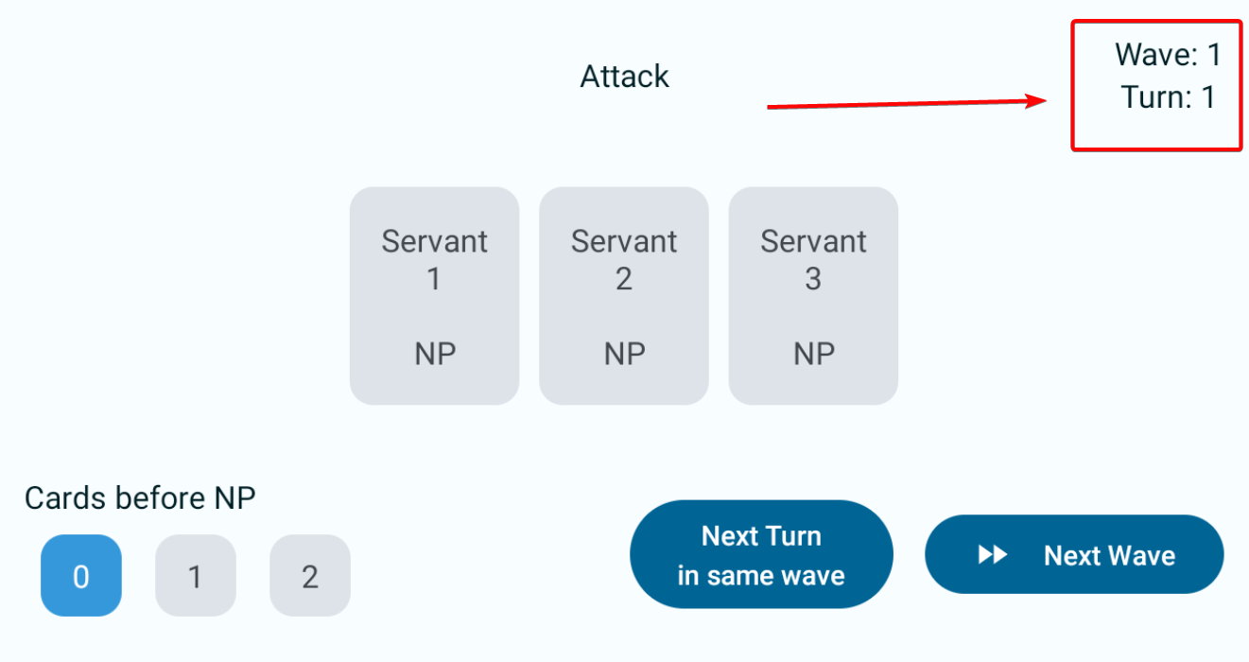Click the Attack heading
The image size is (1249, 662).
[624, 77]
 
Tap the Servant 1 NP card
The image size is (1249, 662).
[434, 296]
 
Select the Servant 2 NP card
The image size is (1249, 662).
[623, 296]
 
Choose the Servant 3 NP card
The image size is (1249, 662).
[812, 296]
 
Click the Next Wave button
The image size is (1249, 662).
[1074, 555]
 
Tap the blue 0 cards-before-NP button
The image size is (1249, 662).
[81, 576]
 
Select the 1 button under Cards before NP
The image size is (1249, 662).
[195, 576]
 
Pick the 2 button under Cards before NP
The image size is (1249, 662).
[310, 576]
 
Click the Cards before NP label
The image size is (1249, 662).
[140, 497]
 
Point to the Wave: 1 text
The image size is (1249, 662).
[1168, 55]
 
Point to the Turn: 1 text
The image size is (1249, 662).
[1168, 97]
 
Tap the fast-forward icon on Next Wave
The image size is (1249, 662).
[992, 555]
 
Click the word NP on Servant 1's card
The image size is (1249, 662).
[435, 354]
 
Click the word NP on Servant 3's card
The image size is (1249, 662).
[813, 354]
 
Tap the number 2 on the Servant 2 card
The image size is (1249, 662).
[623, 279]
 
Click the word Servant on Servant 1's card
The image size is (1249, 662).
[434, 241]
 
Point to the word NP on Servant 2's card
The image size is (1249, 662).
[624, 354]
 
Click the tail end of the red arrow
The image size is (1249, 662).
[769, 108]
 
